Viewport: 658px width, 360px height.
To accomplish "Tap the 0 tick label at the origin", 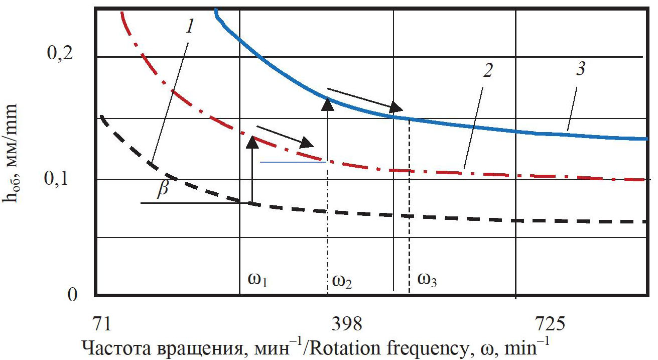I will (x=72, y=294).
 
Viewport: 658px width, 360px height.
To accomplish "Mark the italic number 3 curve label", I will (x=580, y=69).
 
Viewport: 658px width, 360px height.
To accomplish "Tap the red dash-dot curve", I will (x=502, y=173).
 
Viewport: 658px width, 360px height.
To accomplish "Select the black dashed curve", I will (x=502, y=219).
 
